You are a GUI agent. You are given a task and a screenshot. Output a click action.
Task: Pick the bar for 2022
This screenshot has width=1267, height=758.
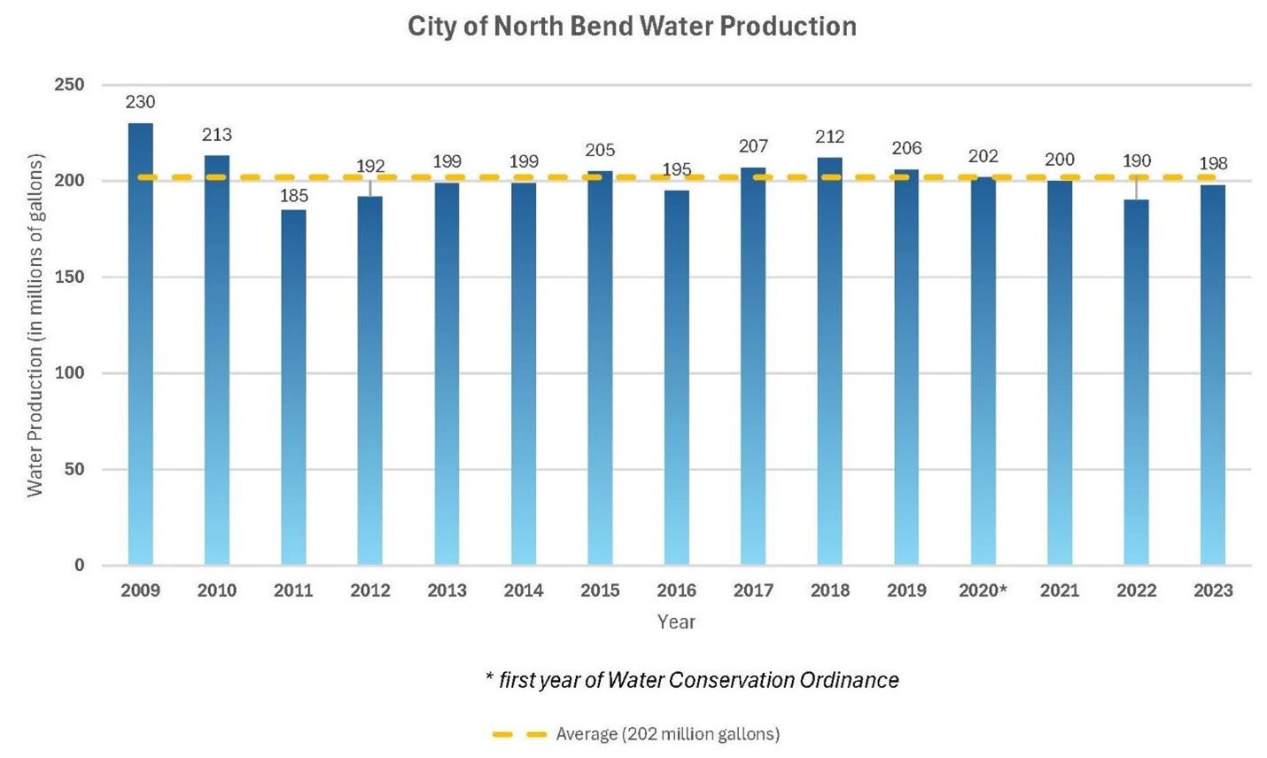(x=1136, y=382)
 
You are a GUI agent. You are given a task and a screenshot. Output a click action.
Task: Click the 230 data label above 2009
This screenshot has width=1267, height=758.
(x=140, y=102)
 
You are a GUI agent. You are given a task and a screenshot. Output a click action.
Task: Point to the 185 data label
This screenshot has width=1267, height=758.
(x=293, y=196)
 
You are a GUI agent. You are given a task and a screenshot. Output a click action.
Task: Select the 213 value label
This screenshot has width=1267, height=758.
(x=217, y=135)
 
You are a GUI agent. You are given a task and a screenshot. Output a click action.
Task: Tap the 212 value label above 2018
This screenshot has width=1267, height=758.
(x=829, y=137)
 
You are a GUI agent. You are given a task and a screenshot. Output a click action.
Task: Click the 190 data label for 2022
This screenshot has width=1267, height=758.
(x=1136, y=161)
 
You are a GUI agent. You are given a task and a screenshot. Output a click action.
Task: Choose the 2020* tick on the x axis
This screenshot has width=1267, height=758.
(x=983, y=590)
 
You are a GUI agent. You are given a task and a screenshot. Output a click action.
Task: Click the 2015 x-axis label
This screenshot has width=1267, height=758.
(x=600, y=590)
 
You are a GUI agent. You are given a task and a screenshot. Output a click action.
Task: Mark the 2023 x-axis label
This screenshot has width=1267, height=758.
(x=1213, y=590)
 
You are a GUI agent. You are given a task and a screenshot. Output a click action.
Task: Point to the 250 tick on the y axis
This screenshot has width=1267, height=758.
(x=68, y=85)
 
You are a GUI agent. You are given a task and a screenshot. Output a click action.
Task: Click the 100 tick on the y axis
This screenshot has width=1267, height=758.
(x=68, y=373)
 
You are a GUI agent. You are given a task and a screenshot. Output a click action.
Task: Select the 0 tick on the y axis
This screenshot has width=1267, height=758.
(x=80, y=566)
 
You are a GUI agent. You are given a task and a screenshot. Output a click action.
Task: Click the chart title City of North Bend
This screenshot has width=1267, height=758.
(x=632, y=26)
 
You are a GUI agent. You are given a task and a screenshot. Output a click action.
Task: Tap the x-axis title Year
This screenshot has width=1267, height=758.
(x=676, y=622)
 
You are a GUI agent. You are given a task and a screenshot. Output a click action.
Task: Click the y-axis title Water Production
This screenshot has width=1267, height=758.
(x=35, y=324)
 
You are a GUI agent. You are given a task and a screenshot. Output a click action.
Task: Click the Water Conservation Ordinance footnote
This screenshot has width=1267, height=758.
(x=692, y=680)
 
